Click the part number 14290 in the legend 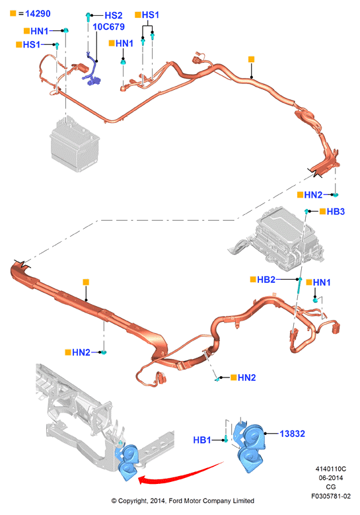tap(38, 14)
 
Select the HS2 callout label tap(113, 15)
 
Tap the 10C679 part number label tap(108, 26)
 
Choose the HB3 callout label tap(336, 212)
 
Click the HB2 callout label tap(266, 280)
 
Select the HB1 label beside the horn tap(202, 440)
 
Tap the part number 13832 tap(292, 434)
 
